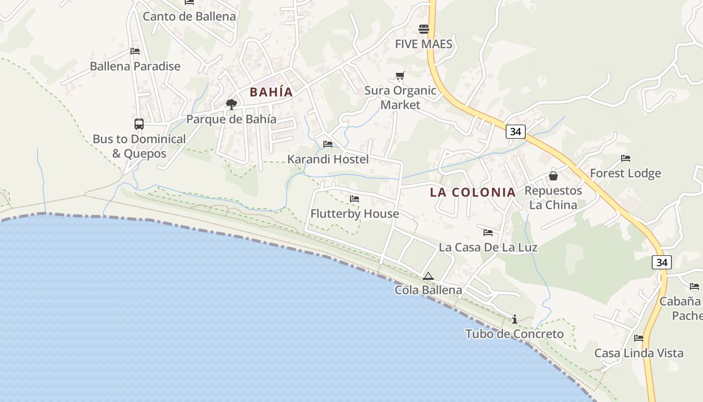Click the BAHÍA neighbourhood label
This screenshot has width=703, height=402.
tap(271, 92)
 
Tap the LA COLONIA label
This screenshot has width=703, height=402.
tap(473, 192)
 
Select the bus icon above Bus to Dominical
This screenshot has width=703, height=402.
tap(139, 124)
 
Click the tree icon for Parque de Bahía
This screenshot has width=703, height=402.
tap(231, 105)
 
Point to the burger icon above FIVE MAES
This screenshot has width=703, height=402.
tap(424, 29)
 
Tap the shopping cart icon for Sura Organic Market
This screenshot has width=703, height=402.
tap(400, 76)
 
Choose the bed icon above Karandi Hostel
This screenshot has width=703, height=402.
tap(328, 144)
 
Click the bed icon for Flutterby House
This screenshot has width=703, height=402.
tap(355, 199)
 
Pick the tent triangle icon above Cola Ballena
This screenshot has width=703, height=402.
tap(428, 276)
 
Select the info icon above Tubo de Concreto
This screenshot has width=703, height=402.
tap(515, 319)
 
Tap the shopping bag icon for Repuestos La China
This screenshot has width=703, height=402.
tap(553, 176)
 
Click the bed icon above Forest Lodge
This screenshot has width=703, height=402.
tap(626, 158)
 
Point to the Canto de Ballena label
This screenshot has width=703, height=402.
tap(189, 16)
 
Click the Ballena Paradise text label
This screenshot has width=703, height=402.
tap(135, 66)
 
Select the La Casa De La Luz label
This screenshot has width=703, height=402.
tap(488, 247)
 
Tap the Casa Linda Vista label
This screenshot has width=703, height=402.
tap(639, 353)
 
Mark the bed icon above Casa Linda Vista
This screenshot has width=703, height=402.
tap(639, 338)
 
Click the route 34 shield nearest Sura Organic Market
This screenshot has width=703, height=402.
tap(515, 132)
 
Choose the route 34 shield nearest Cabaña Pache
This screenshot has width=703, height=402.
tap(662, 262)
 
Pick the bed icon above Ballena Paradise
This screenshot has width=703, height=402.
tap(135, 51)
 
